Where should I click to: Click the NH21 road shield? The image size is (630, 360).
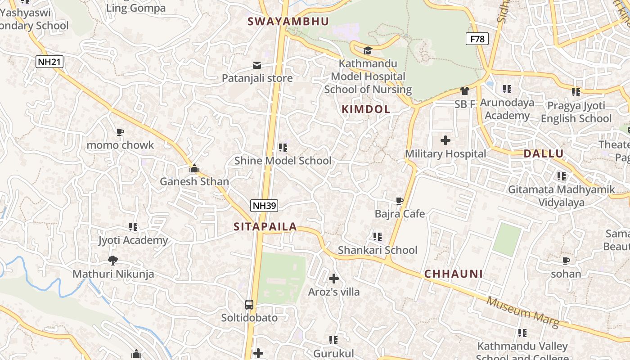49,62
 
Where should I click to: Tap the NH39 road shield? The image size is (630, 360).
264,206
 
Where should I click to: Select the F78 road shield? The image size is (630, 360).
477,39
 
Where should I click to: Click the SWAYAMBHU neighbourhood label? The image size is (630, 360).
288,21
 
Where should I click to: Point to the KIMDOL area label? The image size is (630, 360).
366,109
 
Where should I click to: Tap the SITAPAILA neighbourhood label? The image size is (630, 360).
265,227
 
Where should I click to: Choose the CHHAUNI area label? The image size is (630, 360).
454,274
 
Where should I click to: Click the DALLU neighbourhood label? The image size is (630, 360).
544,153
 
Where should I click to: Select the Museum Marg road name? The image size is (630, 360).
522,311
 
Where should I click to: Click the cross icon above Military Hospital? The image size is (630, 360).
445,140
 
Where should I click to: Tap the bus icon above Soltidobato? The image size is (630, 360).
249,304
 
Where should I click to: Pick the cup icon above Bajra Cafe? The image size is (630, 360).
399,200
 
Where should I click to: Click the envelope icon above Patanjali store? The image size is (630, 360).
257,65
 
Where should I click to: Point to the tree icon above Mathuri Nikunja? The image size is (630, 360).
113,260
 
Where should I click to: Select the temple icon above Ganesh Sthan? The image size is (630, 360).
194,168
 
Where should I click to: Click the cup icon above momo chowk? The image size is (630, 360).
120,132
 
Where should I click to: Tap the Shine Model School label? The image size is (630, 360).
283,161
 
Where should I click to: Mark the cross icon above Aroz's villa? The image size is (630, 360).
334,279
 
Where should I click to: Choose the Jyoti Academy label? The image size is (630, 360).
133,240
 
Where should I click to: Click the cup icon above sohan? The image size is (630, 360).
566,261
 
